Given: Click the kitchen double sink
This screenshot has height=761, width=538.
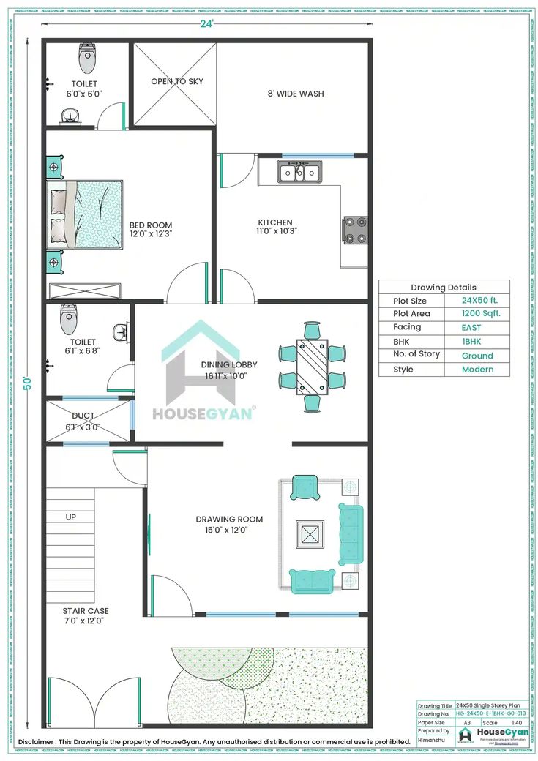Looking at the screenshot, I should pos(299,173).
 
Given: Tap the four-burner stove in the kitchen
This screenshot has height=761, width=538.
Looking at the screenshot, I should pos(356,230).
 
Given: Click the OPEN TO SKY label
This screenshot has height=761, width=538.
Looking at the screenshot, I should pos(177,81).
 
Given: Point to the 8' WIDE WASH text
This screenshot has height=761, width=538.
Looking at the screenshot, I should pos(296,94).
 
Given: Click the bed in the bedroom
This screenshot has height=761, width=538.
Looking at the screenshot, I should pos(85,214).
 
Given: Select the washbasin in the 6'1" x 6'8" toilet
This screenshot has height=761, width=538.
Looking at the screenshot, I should pos(122,333).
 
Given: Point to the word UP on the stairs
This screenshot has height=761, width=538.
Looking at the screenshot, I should pos(71,517).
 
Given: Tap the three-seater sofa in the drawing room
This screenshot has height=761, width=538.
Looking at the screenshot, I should pos(351,533).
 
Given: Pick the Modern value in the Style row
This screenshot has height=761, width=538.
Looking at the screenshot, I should pos(477,370).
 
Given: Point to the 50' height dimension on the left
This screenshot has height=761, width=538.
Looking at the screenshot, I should pos(28,383).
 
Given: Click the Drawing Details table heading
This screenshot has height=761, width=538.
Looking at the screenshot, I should pos(443,287).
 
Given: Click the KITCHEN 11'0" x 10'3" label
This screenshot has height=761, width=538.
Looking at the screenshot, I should pos(275,226).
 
